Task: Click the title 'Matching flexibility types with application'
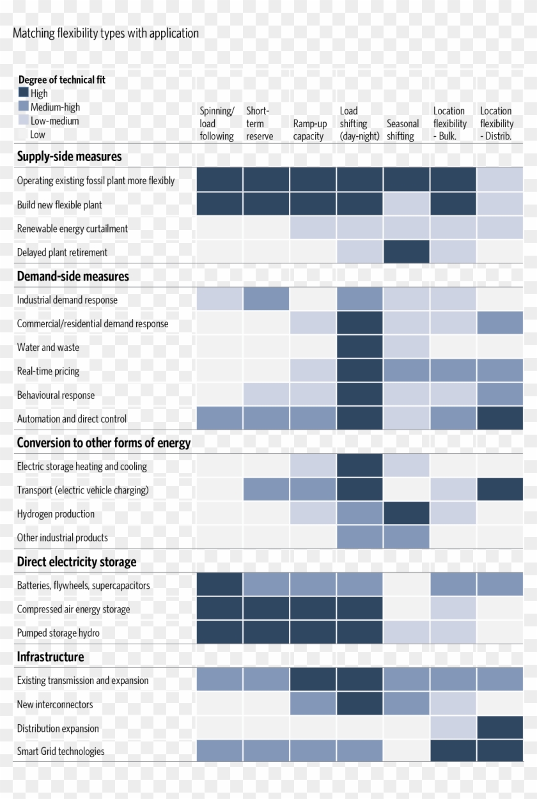105,33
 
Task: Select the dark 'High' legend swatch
24,93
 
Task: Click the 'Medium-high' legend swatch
24,107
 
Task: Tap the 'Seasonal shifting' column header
403,130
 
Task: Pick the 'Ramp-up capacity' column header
310,130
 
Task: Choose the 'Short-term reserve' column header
260,123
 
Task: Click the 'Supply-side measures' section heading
69,157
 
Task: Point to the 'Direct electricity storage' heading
77,562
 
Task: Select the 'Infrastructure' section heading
51,656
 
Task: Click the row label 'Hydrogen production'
56,514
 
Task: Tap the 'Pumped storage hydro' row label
58,633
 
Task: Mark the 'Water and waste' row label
48,347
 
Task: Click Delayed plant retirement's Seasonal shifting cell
407,252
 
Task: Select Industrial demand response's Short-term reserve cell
266,299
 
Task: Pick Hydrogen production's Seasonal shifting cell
407,513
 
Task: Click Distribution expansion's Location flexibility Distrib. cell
500,728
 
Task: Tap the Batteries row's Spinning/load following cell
219,585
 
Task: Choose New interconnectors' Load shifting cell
359,704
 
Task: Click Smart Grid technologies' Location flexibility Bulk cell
453,751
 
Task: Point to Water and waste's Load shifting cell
359,347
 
